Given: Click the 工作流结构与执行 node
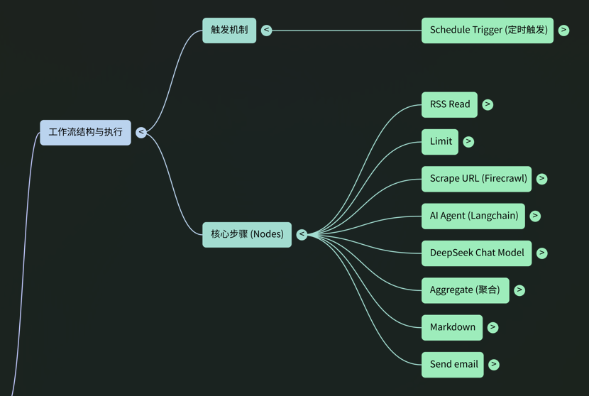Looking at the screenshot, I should click(85, 132).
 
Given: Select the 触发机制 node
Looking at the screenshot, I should click(229, 30).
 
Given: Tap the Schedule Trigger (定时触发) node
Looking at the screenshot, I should click(488, 30).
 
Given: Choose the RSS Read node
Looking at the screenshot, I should click(449, 104).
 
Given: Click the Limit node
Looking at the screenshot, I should click(440, 141).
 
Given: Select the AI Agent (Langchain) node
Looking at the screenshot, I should click(473, 216).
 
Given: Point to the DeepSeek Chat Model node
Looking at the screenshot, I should click(476, 253).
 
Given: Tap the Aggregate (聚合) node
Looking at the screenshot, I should click(465, 290).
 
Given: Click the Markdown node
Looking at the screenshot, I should click(452, 327).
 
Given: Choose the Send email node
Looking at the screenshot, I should click(453, 364).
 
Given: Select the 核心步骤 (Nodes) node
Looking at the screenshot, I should click(247, 234).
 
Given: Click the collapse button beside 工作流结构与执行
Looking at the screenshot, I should click(141, 132).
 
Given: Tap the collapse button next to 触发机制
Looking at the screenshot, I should click(266, 30).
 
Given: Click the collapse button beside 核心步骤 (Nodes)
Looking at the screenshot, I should click(302, 234).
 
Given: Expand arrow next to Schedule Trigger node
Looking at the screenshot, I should click(563, 30).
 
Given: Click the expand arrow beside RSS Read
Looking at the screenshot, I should click(488, 104).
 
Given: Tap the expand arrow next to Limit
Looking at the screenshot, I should click(468, 141).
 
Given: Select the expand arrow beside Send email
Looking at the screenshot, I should click(494, 364).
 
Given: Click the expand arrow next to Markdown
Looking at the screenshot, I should click(492, 327).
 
